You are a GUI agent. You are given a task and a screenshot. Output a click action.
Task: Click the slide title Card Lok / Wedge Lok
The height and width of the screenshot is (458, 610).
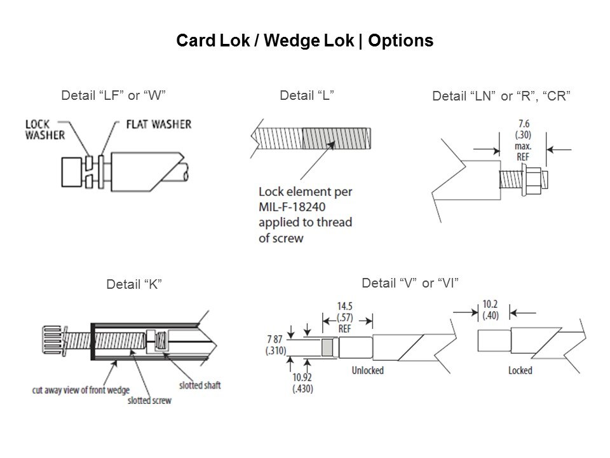click(x=304, y=41)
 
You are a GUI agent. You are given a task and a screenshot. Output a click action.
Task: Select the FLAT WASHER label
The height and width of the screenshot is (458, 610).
click(x=158, y=123)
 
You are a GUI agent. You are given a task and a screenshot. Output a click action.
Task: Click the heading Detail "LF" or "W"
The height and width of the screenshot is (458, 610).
click(x=113, y=95)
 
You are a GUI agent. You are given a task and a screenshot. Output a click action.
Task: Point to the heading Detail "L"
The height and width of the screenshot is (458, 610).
click(x=307, y=95)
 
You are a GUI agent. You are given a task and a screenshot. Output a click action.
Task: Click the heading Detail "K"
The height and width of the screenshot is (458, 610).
click(x=133, y=283)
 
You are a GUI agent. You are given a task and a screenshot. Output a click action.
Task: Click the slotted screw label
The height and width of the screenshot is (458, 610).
click(x=149, y=401)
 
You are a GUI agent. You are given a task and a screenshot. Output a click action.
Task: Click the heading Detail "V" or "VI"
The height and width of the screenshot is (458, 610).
click(x=410, y=283)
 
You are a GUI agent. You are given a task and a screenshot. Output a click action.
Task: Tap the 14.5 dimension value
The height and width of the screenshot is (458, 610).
click(x=346, y=305)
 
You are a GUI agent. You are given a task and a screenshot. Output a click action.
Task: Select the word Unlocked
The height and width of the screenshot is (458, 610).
click(x=367, y=370)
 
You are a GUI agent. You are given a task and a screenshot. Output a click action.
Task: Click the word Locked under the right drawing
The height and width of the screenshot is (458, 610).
click(x=520, y=370)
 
